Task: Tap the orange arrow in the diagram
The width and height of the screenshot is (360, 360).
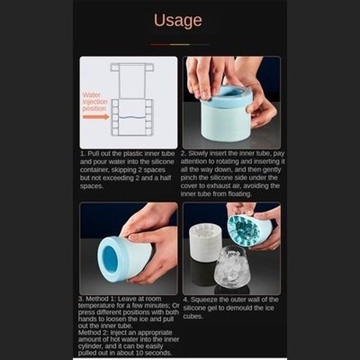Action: tap(100, 115)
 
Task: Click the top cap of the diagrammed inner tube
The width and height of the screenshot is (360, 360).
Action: tap(130, 69)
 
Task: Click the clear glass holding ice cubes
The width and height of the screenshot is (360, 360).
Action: tap(237, 269)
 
